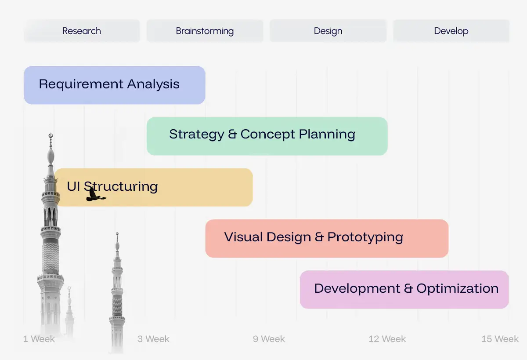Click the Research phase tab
click(x=82, y=31)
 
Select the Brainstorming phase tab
click(x=205, y=31)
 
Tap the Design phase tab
click(x=328, y=31)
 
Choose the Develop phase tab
click(x=451, y=31)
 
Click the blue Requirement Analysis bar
click(x=115, y=85)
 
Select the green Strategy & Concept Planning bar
click(x=267, y=136)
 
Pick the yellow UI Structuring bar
click(x=154, y=187)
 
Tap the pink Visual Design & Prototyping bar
click(x=327, y=239)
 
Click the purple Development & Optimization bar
click(x=404, y=290)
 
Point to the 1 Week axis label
click(x=39, y=339)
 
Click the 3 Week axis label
click(x=153, y=339)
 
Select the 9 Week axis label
click(x=269, y=339)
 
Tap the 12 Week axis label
click(x=387, y=339)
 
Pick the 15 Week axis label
click(x=500, y=339)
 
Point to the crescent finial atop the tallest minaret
click(x=51, y=136)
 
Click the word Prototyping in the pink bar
click(x=365, y=237)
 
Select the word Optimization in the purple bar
click(x=457, y=288)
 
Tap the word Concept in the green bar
click(x=267, y=134)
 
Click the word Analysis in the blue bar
click(x=153, y=84)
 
